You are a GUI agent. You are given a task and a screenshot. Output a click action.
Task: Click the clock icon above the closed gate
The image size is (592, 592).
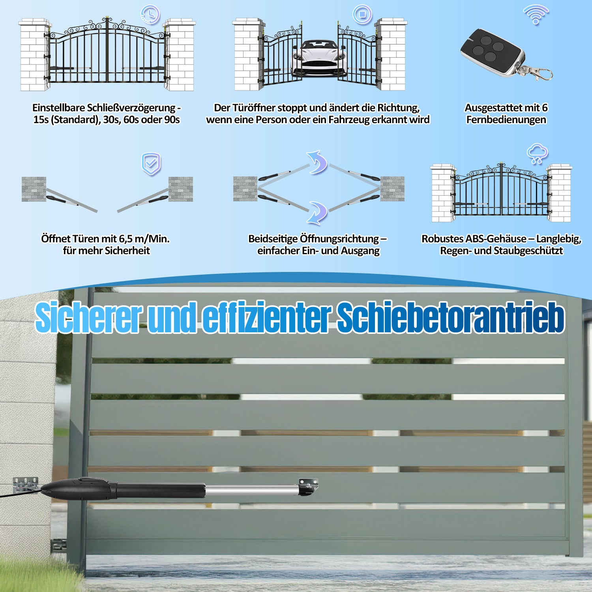150,15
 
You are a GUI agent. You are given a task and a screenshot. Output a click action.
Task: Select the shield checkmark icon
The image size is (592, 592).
151,164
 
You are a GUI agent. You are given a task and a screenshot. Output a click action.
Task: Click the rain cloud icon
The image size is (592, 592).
537,154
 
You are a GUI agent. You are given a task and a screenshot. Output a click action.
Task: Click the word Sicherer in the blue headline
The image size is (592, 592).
89,318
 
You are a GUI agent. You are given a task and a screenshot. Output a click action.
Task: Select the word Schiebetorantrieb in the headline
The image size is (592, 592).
451,318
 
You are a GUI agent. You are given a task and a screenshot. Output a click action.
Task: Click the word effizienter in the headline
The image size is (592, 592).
266,318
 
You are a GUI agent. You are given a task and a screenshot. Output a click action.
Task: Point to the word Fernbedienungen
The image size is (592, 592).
506,120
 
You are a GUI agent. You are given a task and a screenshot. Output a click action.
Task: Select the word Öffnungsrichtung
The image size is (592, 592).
339,239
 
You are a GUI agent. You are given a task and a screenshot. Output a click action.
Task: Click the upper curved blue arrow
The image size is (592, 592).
317,162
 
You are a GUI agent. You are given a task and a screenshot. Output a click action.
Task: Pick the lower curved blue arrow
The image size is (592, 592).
317,213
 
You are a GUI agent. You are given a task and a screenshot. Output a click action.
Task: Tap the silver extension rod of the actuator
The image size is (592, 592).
252,491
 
